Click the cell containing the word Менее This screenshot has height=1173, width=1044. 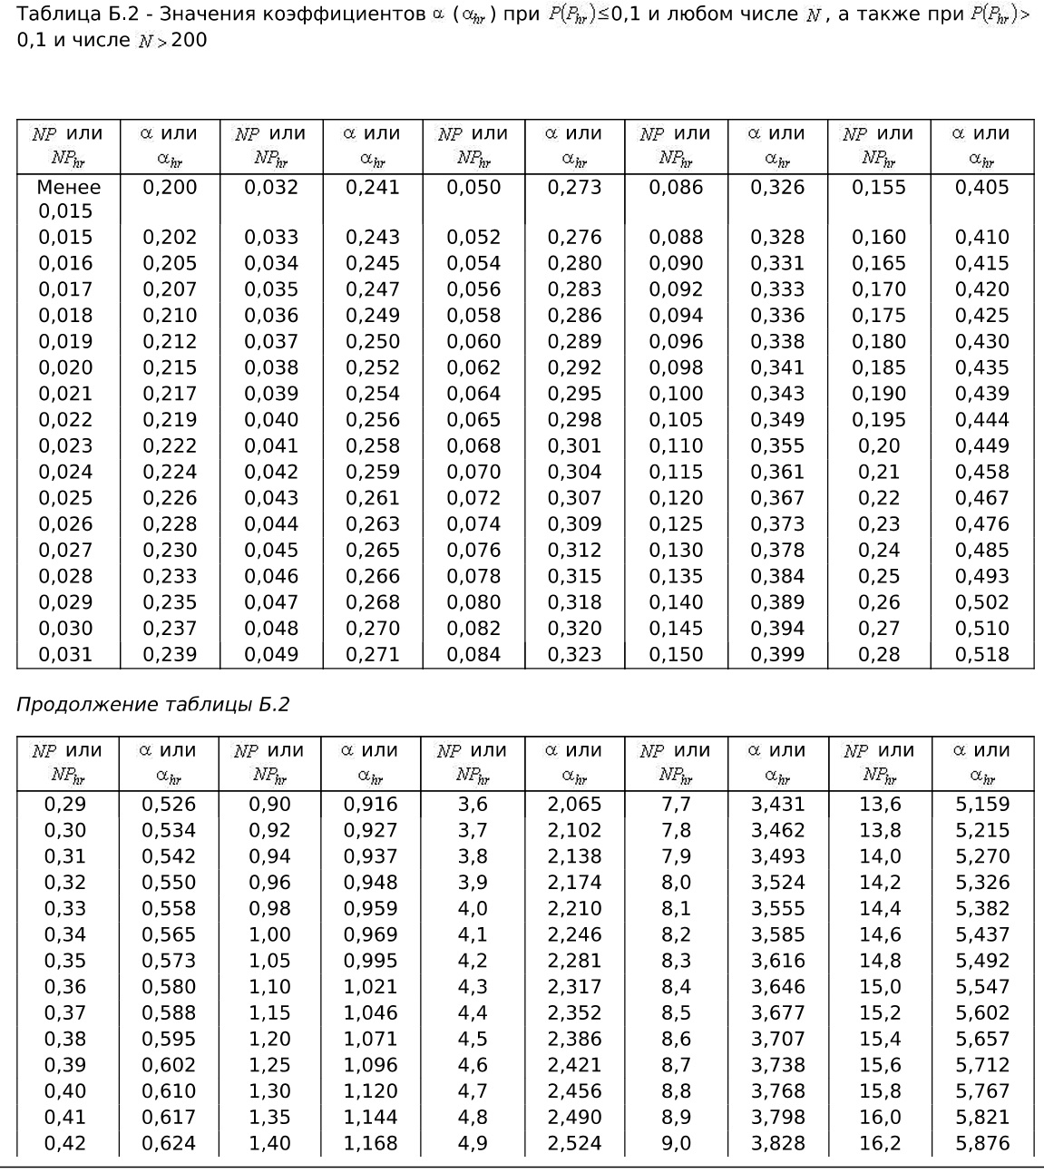[68, 188]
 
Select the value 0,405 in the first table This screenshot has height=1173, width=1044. [981, 188]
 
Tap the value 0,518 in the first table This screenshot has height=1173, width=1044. [981, 654]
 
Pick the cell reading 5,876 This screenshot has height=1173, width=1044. [981, 1143]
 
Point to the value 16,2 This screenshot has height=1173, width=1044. [880, 1143]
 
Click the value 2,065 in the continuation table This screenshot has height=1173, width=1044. [574, 804]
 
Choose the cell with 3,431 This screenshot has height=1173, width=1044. [777, 804]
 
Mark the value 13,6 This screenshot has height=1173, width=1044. [880, 804]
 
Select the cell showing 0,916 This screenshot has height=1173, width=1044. [370, 804]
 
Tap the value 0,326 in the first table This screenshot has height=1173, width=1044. [777, 188]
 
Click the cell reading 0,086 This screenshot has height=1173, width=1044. [676, 188]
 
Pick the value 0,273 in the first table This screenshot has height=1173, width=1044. [574, 188]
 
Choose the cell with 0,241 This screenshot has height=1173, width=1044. [372, 188]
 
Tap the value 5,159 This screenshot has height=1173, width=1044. [981, 804]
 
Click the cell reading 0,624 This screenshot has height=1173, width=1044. [169, 1143]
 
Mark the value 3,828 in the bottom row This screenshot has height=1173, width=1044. [777, 1143]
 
